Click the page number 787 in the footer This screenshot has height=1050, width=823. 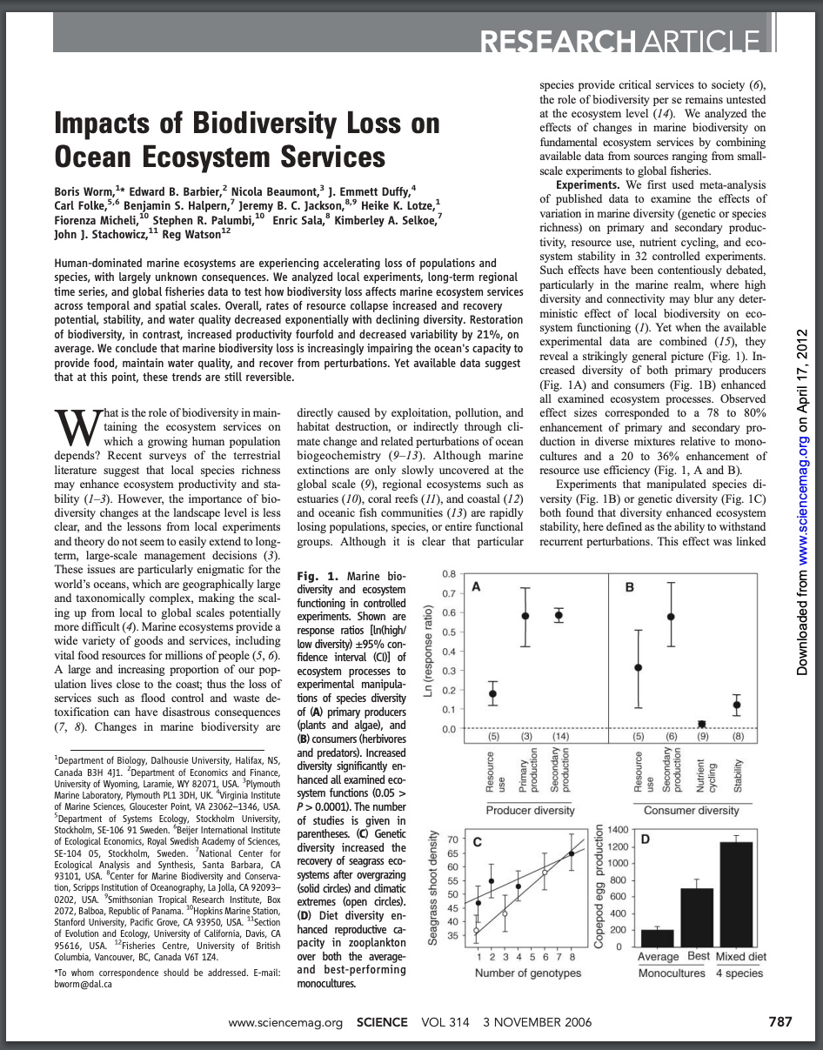click(x=780, y=1022)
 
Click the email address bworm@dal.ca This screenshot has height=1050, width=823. click(x=84, y=985)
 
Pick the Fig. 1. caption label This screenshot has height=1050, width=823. click(x=316, y=576)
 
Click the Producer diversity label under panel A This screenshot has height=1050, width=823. click(x=530, y=810)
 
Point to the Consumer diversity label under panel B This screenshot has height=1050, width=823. click(x=691, y=810)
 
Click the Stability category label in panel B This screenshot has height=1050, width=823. click(x=738, y=772)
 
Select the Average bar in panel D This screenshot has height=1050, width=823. click(x=658, y=937)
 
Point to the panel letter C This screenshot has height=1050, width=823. click(x=478, y=843)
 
